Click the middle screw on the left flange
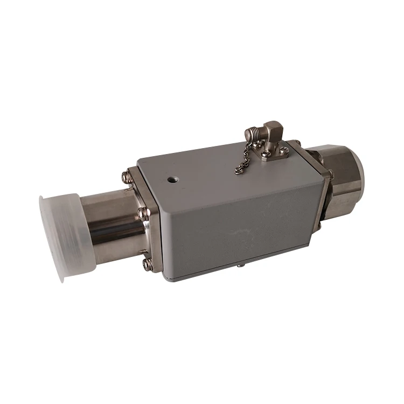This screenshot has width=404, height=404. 143,214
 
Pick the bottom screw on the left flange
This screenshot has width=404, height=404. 147,264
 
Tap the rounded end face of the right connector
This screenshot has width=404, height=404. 357,172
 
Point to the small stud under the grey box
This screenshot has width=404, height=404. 240,265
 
